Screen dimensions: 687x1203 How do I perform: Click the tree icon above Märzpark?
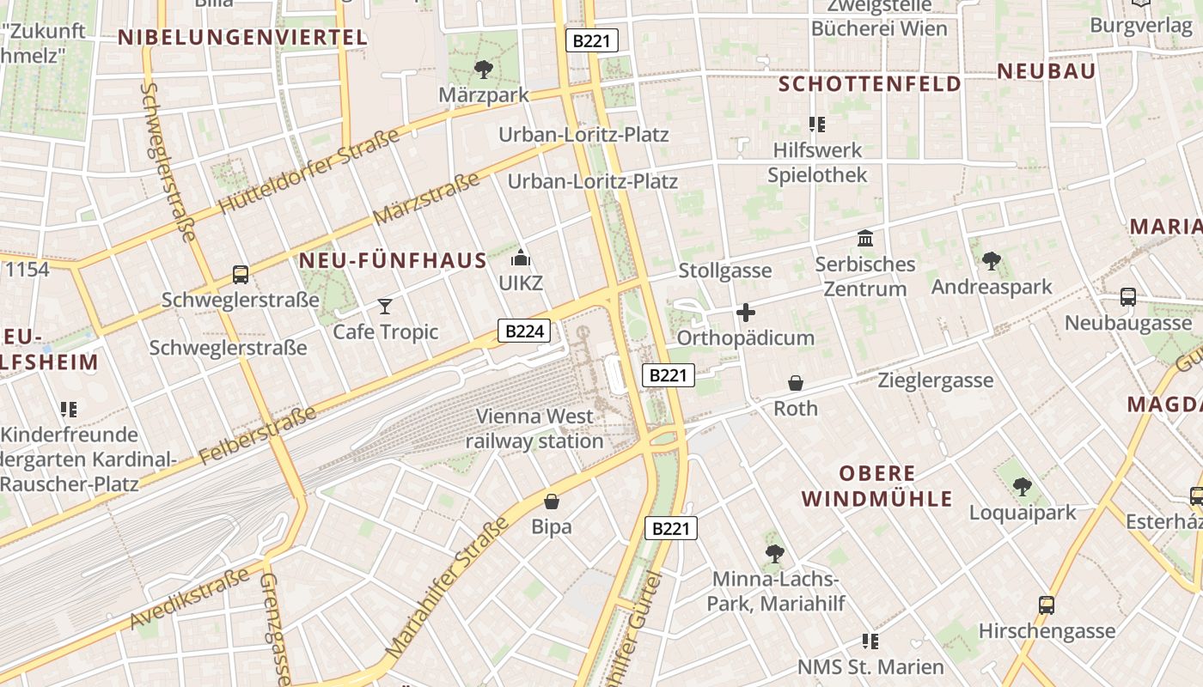[x=484, y=69]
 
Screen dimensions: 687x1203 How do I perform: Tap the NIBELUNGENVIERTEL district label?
[x=242, y=37]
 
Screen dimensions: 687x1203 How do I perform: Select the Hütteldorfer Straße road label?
[x=308, y=172]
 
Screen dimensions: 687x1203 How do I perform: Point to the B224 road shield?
[x=523, y=331]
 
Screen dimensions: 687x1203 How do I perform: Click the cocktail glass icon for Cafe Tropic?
[x=384, y=306]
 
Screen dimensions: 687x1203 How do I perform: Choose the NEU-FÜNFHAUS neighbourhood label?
[x=393, y=260]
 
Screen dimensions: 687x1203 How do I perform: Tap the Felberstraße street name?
[x=258, y=435]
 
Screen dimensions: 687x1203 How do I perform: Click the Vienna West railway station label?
[x=534, y=429]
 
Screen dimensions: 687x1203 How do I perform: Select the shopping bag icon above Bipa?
[x=552, y=501]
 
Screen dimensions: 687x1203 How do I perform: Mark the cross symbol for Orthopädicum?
[x=745, y=313]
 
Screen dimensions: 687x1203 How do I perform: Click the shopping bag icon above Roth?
[x=796, y=383]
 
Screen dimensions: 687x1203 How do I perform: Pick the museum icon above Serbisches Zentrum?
[x=865, y=238]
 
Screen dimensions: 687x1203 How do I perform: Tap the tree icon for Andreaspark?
[x=992, y=260]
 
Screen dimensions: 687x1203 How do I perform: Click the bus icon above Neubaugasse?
[x=1128, y=297]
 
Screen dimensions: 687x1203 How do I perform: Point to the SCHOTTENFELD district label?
[x=870, y=83]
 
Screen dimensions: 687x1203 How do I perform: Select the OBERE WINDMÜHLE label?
[x=876, y=486]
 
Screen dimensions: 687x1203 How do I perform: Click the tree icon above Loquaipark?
[x=1023, y=487]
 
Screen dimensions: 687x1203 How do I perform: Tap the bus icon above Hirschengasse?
[x=1047, y=605]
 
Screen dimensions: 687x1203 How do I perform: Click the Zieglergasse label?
[x=935, y=380]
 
